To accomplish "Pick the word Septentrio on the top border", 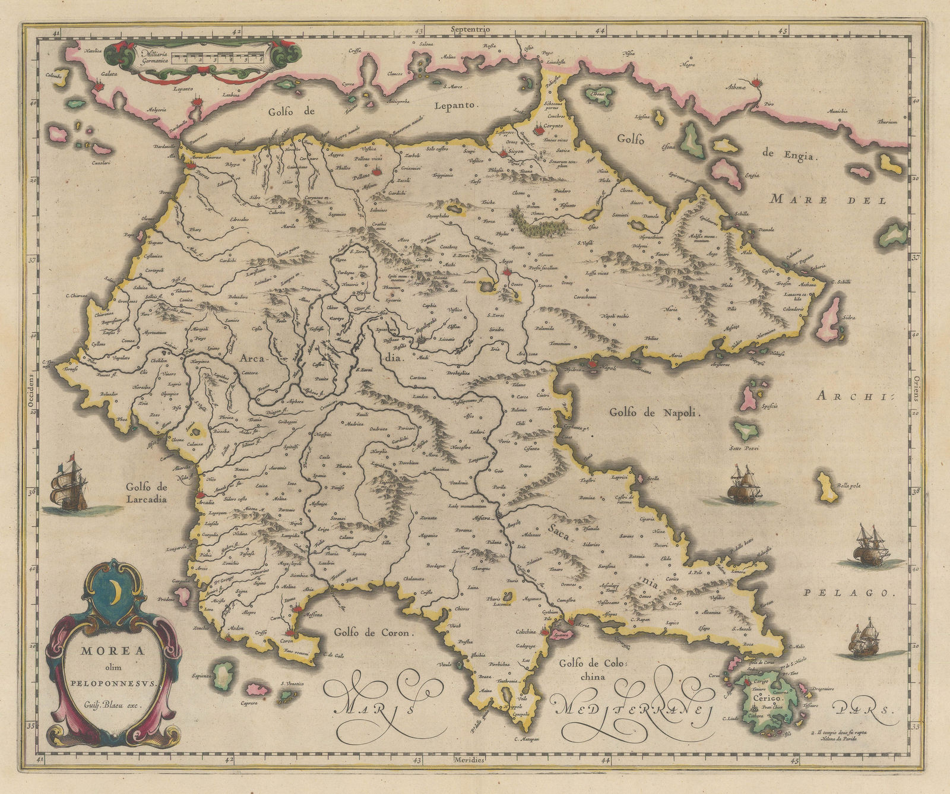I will pyautogui.click(x=469, y=29).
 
